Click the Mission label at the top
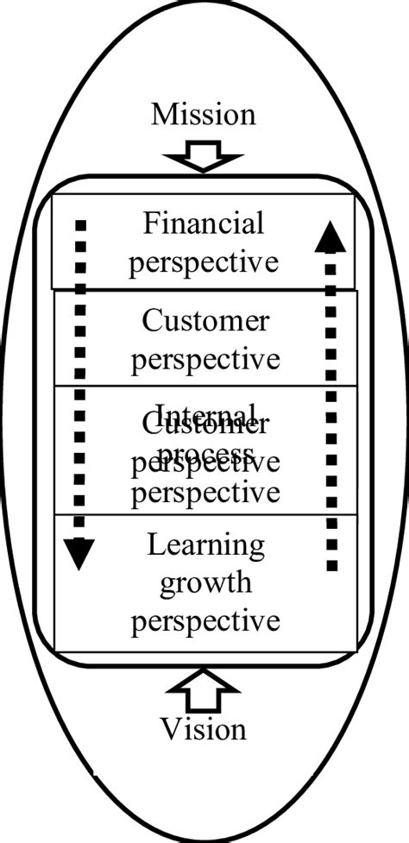coord(204,114)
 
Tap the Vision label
coord(204,729)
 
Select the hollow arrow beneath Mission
coord(204,158)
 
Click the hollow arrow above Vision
coord(204,690)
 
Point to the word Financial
coord(204,224)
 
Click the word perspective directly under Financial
coord(204,261)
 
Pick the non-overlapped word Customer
coord(205,322)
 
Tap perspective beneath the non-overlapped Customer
coord(205,358)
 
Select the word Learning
coord(205,545)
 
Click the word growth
coord(205,582)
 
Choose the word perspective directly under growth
coord(205,620)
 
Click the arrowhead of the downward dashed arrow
coord(79,553)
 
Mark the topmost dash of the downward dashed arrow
coord(80,226)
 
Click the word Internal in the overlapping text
coord(205,413)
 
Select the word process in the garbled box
coord(205,454)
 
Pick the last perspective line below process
coord(205,493)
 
